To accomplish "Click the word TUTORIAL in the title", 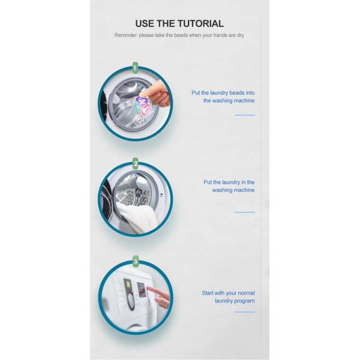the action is point(200,23).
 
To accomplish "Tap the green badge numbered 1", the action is point(135,68).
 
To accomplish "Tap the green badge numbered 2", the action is point(136,163).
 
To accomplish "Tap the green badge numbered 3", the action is point(136,262).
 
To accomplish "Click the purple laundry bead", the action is point(142,100).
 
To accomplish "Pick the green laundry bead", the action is point(136,107).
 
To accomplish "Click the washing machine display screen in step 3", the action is point(142,290).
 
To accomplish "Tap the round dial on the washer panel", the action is point(131,301).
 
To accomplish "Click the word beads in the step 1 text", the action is point(237,93).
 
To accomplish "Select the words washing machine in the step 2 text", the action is point(233,190).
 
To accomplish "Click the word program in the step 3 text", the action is point(245,301).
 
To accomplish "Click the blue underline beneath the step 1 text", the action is point(245,115).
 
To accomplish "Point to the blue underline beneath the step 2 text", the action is point(245,212).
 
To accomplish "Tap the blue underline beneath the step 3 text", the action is point(245,312).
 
